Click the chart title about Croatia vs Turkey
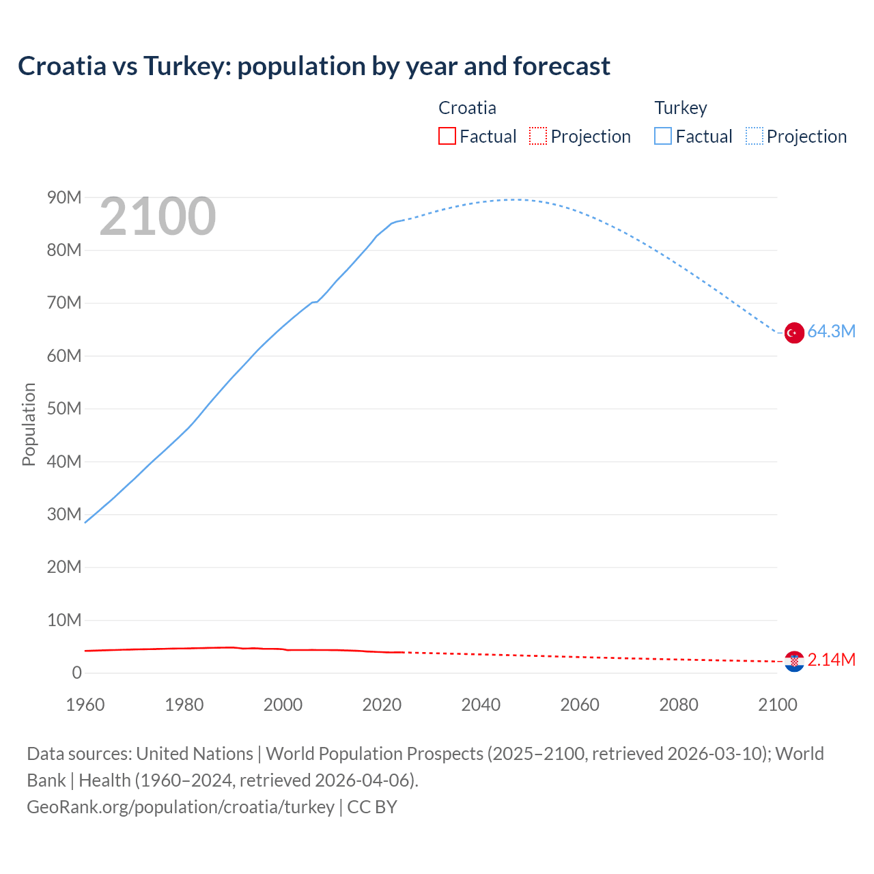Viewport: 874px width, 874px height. [x=314, y=66]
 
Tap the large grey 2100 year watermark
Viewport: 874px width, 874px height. [x=158, y=216]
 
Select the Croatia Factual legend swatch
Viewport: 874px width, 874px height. [x=447, y=136]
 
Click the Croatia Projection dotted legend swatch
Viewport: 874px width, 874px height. [x=538, y=136]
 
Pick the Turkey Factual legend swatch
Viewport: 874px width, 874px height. [x=662, y=136]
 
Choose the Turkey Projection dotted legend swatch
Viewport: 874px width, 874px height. [x=755, y=136]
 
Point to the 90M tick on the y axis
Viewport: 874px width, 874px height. [x=64, y=197]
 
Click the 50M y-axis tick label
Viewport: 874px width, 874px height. [x=64, y=408]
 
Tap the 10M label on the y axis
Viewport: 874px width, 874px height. [x=64, y=620]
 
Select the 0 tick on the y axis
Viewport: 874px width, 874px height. [x=76, y=673]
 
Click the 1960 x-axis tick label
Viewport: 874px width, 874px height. [x=85, y=705]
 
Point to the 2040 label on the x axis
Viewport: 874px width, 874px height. [x=481, y=705]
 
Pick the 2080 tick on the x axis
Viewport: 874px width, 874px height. [x=679, y=705]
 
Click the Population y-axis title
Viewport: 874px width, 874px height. [x=29, y=424]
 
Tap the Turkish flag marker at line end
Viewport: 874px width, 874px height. [x=794, y=333]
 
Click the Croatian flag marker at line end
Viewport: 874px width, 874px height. [x=794, y=661]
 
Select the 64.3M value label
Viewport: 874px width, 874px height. [x=831, y=331]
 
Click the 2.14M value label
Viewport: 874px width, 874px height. [x=831, y=660]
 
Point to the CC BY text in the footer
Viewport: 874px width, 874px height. [x=372, y=806]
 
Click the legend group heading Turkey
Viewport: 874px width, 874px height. [x=681, y=108]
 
